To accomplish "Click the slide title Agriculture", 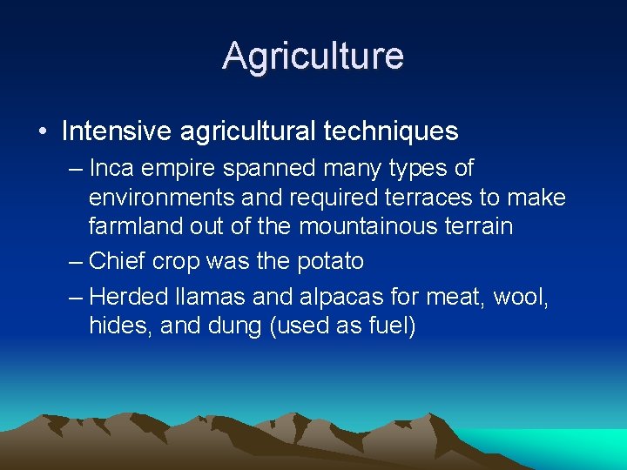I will (x=313, y=56).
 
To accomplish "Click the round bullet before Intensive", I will (x=43, y=132).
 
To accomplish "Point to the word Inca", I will (x=110, y=168).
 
